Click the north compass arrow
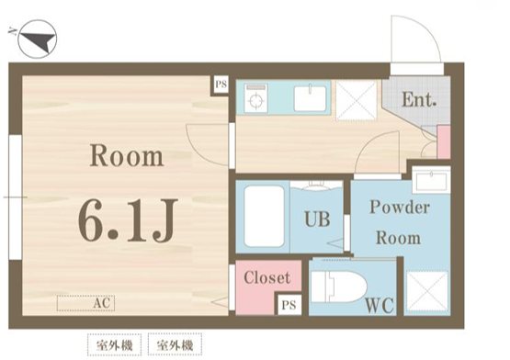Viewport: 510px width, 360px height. [37, 39]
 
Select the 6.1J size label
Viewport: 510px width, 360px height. [126, 221]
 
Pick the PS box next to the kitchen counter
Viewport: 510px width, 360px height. [221, 85]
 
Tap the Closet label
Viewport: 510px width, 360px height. [267, 277]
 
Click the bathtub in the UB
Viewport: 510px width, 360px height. [262, 217]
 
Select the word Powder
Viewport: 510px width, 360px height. [399, 207]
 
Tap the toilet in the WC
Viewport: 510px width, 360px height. [334, 288]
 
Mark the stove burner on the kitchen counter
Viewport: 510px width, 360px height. [255, 97]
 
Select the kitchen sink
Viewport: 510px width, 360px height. [311, 97]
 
